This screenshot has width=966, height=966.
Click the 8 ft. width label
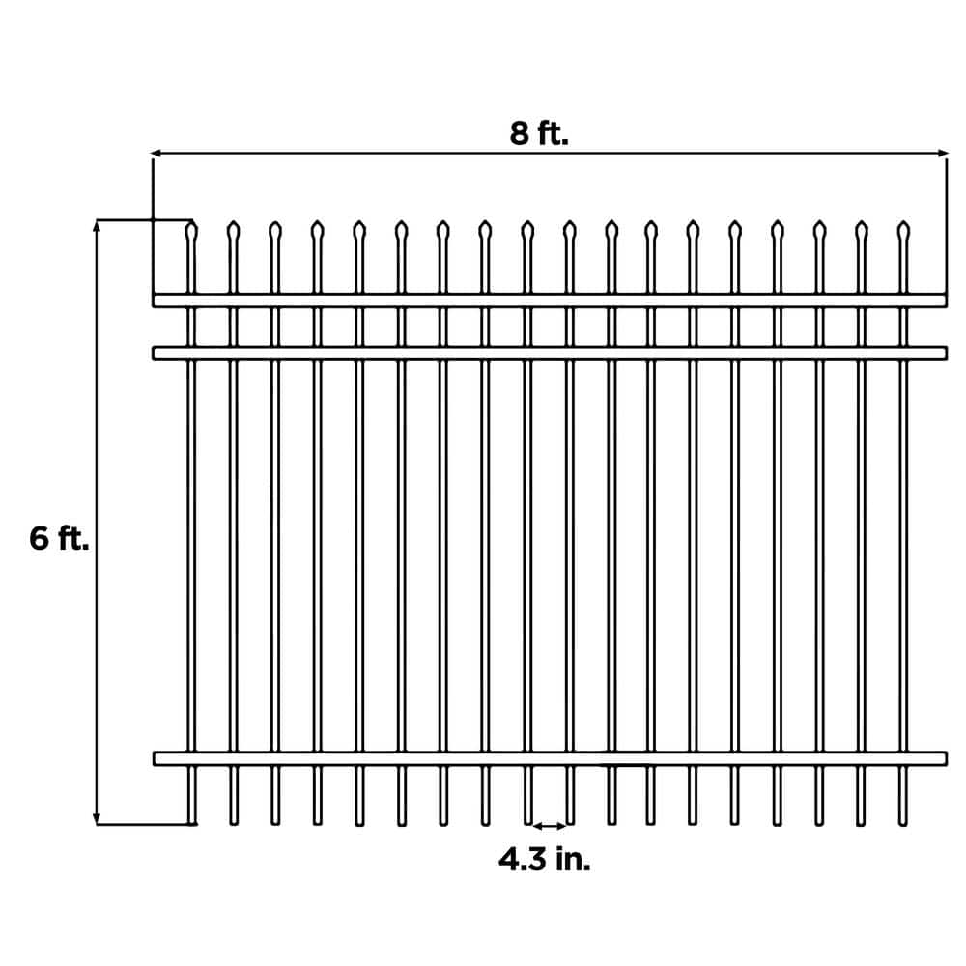pos(539,133)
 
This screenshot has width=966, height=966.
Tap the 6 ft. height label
pos(59,538)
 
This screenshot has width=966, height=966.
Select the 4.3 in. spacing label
pos(544,859)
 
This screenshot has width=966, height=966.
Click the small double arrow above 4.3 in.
pos(549,825)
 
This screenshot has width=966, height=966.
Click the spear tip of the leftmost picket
pos(191,230)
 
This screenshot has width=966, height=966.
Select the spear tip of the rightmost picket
pos(903,230)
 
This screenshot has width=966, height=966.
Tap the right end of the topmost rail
pos(943,300)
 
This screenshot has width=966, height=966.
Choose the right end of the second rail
pos(943,354)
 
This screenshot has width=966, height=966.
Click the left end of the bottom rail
pos(156,758)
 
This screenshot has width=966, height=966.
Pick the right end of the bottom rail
pos(943,758)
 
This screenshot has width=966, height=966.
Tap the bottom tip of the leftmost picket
pos(191,822)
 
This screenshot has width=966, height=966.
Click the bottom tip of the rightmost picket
pos(903,822)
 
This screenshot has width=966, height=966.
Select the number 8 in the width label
pos(520,133)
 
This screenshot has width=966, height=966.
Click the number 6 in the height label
pos(39,538)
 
